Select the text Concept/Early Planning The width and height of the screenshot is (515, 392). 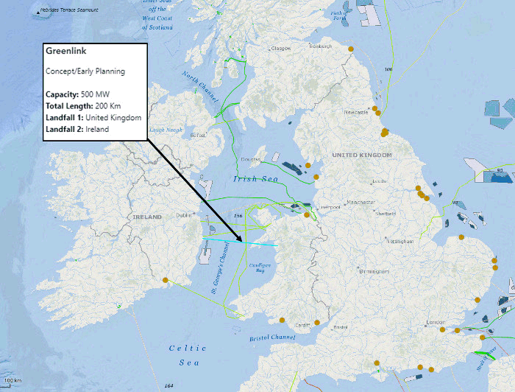85,71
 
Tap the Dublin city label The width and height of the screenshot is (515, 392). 184,215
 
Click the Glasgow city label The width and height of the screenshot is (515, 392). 282,49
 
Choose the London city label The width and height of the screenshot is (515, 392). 436,323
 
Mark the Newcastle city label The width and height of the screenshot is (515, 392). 356,112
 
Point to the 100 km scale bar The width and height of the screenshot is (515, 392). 13,381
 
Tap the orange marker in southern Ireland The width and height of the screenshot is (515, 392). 166,279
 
